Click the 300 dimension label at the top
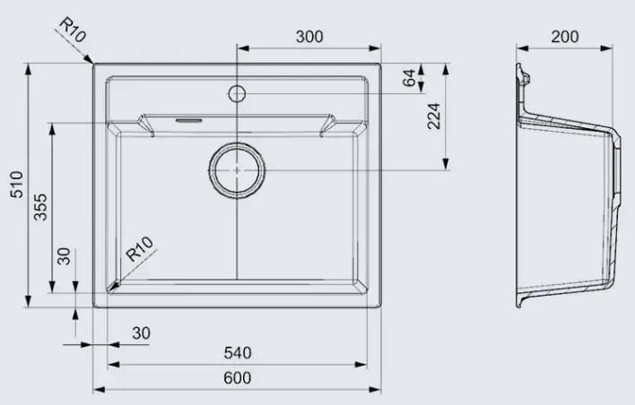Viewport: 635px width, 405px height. tap(309, 37)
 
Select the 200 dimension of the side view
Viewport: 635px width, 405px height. tap(564, 37)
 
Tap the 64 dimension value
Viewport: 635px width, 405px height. tap(411, 78)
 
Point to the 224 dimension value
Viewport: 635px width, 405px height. tap(434, 116)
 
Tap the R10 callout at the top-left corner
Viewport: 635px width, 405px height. tap(71, 31)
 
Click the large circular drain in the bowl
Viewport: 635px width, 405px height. tap(237, 169)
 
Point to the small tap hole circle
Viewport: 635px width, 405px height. tap(237, 92)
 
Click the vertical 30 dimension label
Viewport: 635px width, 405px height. tap(63, 256)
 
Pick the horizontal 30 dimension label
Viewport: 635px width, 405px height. tap(141, 333)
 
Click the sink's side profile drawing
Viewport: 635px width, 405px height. tap(567, 188)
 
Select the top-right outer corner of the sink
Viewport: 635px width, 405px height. tap(381, 64)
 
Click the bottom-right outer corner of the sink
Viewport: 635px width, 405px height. tap(381, 307)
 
